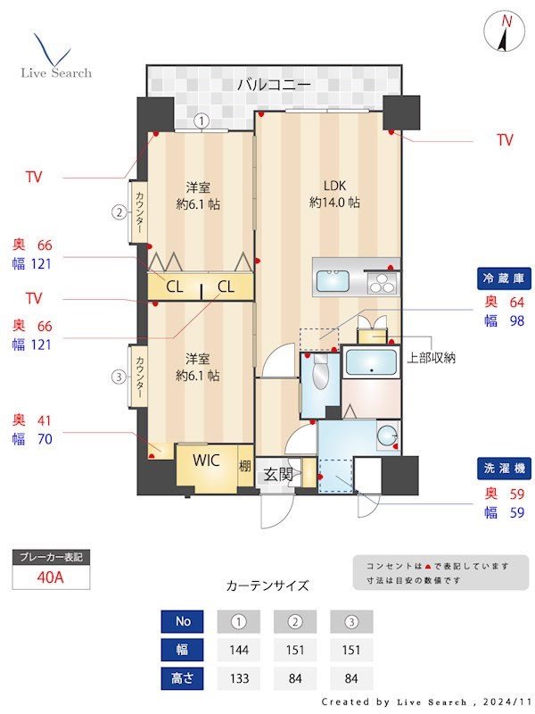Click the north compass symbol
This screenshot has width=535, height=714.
click(x=505, y=33)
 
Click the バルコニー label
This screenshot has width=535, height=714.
click(x=274, y=86)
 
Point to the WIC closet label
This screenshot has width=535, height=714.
click(x=207, y=461)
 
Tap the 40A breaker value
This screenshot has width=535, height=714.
click(x=51, y=577)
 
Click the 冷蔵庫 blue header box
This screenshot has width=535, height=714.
click(x=504, y=279)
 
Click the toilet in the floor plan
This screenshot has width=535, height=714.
click(x=320, y=373)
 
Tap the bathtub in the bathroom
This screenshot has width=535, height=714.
click(x=372, y=363)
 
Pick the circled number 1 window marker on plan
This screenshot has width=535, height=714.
click(x=202, y=120)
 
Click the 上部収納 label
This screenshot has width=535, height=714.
click(x=432, y=358)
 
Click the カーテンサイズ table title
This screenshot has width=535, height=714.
click(x=267, y=585)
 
